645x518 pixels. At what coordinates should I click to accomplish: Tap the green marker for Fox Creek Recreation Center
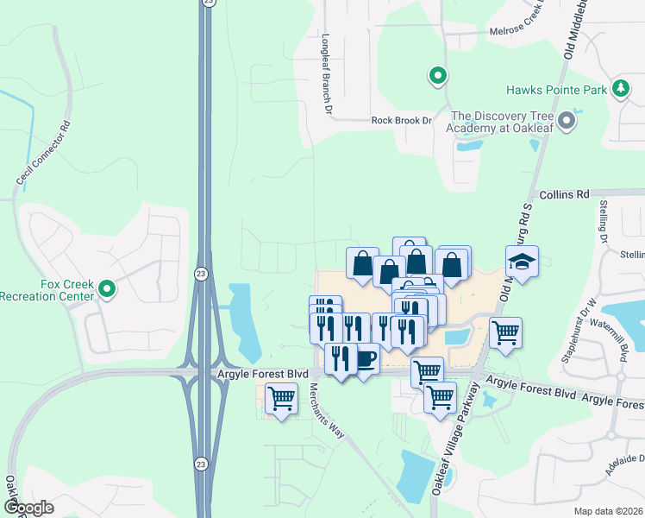tap(107, 289)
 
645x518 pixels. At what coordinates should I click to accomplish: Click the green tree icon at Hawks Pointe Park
tap(620, 88)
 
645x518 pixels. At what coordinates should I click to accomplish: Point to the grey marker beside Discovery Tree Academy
tap(567, 121)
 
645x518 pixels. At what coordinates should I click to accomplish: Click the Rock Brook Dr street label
tap(401, 121)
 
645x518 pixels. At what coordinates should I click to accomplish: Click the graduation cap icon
tap(522, 261)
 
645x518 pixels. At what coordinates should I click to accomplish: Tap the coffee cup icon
tap(366, 358)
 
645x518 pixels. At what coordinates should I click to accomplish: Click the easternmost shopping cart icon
tap(504, 332)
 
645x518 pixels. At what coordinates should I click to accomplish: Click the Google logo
tap(28, 508)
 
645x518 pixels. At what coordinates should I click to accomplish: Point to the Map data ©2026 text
tap(608, 511)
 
